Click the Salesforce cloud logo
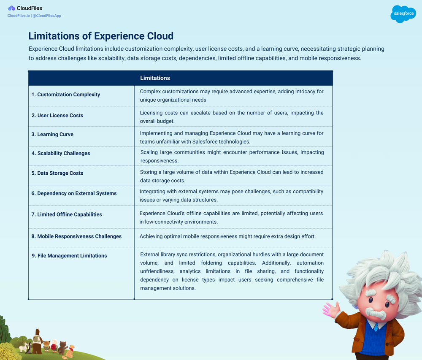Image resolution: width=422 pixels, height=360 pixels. click(403, 14)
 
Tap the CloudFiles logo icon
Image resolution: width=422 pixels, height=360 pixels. click(11, 8)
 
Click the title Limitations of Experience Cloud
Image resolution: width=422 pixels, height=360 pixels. click(101, 36)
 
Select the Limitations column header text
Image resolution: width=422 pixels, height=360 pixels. click(155, 78)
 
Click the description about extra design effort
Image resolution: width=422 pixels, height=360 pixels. click(227, 236)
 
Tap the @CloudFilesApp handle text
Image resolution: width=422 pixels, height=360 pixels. click(47, 16)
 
